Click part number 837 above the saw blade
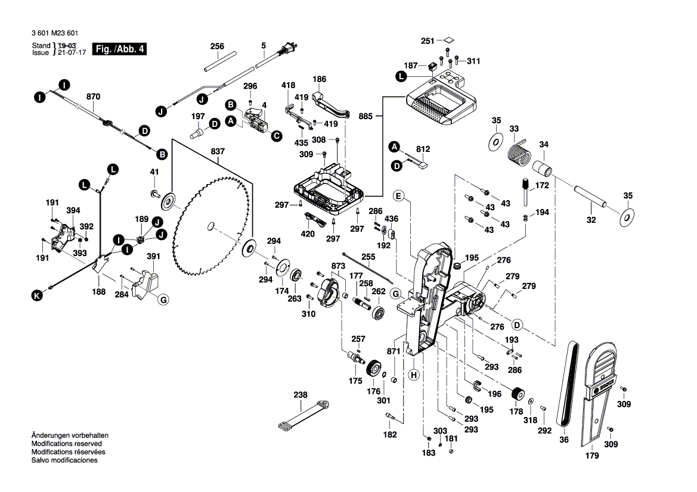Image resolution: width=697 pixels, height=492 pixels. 218,152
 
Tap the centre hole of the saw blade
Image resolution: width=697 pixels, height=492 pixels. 209,226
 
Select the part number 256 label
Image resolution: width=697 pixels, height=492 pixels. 218,46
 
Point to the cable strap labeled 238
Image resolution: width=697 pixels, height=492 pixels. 305,414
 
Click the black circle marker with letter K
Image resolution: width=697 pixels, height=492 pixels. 37,295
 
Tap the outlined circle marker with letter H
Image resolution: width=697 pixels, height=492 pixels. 414,375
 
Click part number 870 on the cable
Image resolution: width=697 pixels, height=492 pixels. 94,96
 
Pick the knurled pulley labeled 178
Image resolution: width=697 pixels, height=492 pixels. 516,394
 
